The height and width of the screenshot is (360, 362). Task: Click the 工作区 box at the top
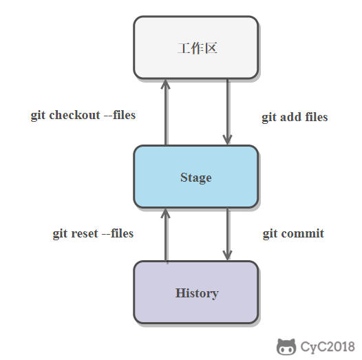[195, 47]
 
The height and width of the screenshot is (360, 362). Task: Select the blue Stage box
[195, 177]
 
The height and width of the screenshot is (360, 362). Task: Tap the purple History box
[195, 293]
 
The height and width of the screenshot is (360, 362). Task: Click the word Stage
[195, 178]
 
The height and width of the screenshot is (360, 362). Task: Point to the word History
[197, 293]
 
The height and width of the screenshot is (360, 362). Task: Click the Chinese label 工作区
[198, 48]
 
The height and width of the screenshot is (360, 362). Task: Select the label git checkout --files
[83, 115]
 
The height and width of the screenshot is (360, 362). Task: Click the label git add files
[295, 117]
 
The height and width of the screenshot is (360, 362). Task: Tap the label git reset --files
[94, 233]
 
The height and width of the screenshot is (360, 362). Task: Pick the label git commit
[293, 233]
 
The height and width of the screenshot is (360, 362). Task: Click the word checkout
[74, 115]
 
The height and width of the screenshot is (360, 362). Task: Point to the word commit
[302, 233]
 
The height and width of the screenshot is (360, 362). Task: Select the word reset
[85, 233]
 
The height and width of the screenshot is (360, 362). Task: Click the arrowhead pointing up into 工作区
[166, 84]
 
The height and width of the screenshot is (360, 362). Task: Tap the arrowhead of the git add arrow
[227, 140]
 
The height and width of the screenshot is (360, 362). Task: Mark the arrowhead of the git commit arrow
[227, 255]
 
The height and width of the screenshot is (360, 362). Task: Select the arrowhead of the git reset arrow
[166, 213]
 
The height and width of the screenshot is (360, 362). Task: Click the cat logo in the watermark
[286, 347]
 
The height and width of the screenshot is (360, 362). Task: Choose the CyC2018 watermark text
[328, 347]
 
